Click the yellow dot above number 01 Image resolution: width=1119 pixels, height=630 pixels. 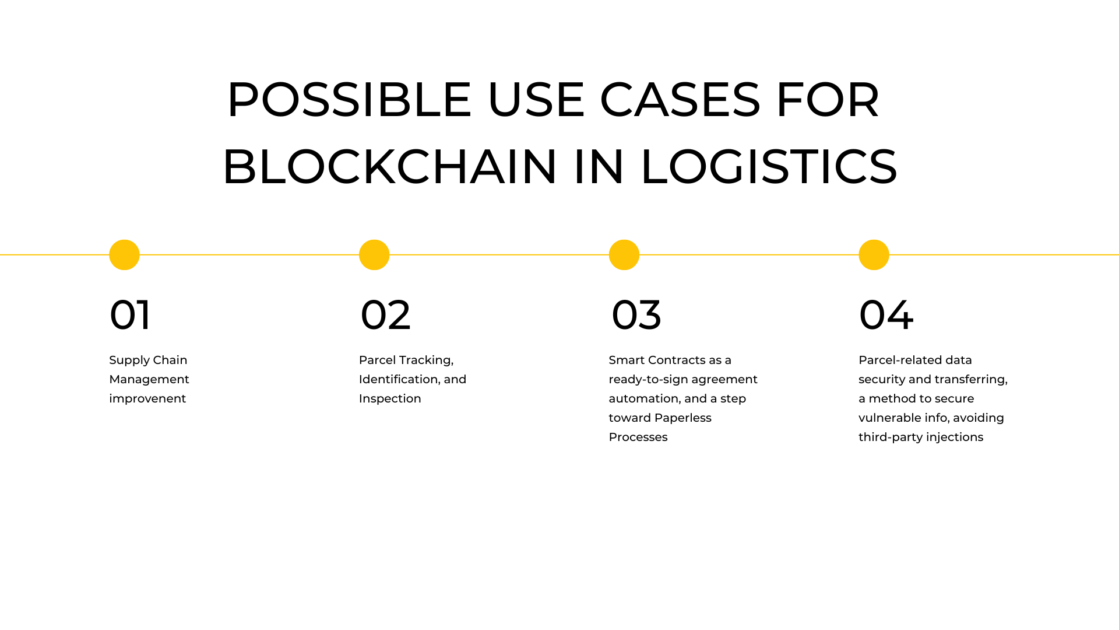tap(124, 255)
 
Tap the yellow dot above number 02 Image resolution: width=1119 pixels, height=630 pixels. tap(374, 255)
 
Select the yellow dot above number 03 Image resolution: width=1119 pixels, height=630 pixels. tap(624, 255)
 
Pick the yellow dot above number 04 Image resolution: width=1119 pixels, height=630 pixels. tap(874, 255)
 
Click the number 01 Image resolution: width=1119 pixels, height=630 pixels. tap(130, 315)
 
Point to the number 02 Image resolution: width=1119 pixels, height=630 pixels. tap(386, 315)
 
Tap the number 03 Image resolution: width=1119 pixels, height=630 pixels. tap(636, 315)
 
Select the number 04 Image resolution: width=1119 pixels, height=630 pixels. tap(886, 315)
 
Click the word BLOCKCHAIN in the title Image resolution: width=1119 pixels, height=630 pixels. tap(390, 167)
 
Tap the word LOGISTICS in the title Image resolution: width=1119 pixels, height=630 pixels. tap(769, 167)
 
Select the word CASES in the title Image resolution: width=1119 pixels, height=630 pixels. tap(680, 100)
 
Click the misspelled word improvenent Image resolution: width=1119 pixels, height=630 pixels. tap(147, 398)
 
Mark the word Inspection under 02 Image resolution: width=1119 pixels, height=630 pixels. tap(390, 398)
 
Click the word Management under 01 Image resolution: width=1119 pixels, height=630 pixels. tap(149, 379)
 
